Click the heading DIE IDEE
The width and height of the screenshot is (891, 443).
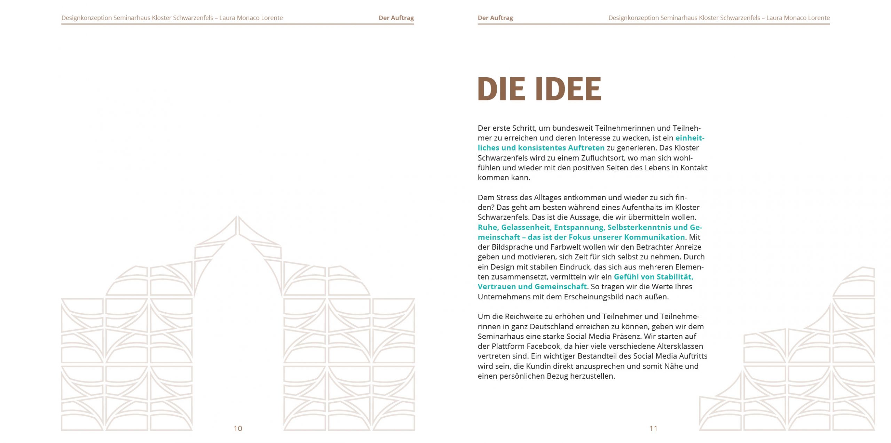coord(539,89)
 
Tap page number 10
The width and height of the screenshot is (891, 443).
coord(238,428)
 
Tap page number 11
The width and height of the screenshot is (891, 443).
coord(653,428)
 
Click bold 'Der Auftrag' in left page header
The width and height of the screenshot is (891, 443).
coord(396,18)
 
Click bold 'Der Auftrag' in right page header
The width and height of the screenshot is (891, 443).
coord(495,18)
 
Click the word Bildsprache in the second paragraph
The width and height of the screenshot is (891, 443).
coord(512,247)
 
